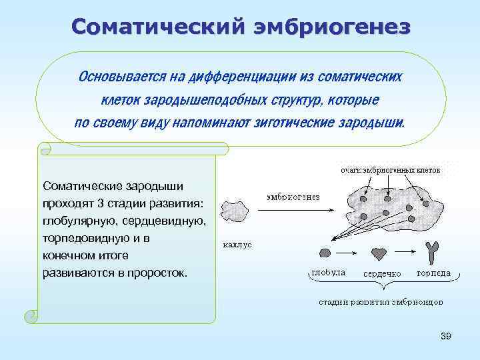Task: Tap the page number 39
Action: tap(446, 337)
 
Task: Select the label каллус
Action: tap(237, 245)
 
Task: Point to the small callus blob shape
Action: tap(235, 211)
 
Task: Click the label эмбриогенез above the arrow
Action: tap(293, 197)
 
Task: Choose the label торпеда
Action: tap(433, 273)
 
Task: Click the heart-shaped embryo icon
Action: tap(379, 254)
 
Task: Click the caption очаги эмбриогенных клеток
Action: tap(391, 170)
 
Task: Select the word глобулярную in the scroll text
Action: tap(75, 220)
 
